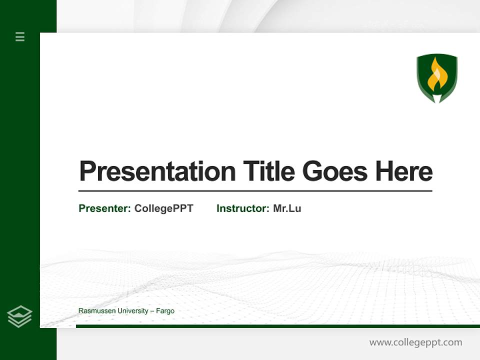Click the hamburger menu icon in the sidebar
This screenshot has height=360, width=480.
click(x=20, y=36)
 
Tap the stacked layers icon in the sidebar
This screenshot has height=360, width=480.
click(x=19, y=316)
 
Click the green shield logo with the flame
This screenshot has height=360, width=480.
click(x=437, y=78)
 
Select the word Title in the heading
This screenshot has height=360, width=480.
click(x=269, y=171)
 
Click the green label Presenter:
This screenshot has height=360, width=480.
click(x=105, y=208)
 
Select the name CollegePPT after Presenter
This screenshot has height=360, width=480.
click(x=163, y=208)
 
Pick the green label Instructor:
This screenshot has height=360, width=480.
click(x=243, y=208)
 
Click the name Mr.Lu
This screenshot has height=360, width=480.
click(x=287, y=208)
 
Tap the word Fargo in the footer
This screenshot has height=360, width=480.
click(x=165, y=311)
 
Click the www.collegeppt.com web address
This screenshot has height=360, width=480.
click(x=415, y=342)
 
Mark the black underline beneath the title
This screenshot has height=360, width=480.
click(x=255, y=190)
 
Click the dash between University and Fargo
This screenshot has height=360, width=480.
click(x=152, y=311)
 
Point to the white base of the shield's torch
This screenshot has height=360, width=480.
click(x=437, y=98)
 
